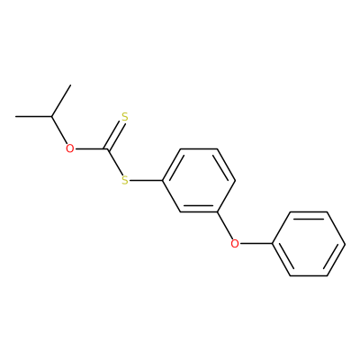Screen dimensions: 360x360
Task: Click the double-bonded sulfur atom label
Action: pos(125,117)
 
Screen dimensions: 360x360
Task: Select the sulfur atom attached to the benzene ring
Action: pos(125,181)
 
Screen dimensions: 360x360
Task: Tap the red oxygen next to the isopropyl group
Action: pos(70,148)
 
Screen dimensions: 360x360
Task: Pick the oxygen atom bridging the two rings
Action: pos(235,244)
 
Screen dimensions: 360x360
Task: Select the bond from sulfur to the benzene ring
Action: pos(146,181)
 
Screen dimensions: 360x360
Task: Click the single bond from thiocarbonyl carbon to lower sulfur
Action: pos(114,162)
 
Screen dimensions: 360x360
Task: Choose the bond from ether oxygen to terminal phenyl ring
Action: pos(256,244)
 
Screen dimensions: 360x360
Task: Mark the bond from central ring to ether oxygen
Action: pos(224,226)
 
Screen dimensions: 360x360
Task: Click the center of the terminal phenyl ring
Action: pos(309,244)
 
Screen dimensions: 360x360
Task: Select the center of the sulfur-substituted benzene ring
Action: pos(199,181)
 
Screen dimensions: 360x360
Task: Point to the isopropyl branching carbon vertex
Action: pos(52,116)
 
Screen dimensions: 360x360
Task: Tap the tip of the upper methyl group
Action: pos(70,85)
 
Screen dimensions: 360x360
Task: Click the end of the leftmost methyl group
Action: pos(16,116)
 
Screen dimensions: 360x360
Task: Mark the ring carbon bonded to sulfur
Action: pos(162,181)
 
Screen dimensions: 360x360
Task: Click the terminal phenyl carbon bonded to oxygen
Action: pos(272,244)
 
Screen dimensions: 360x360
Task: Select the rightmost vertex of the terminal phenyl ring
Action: pos(346,244)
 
